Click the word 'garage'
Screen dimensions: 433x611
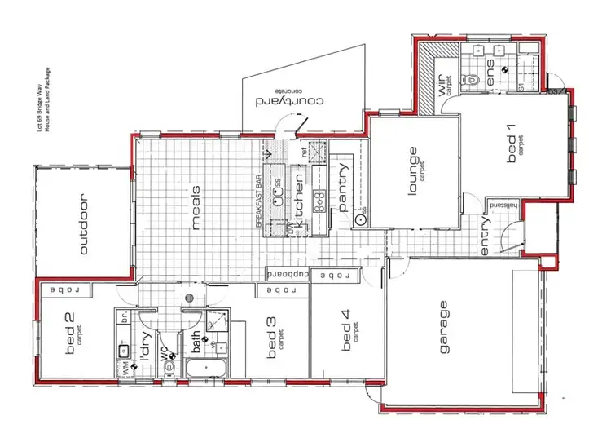click(x=444, y=328)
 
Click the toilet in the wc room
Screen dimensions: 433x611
click(x=169, y=367)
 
